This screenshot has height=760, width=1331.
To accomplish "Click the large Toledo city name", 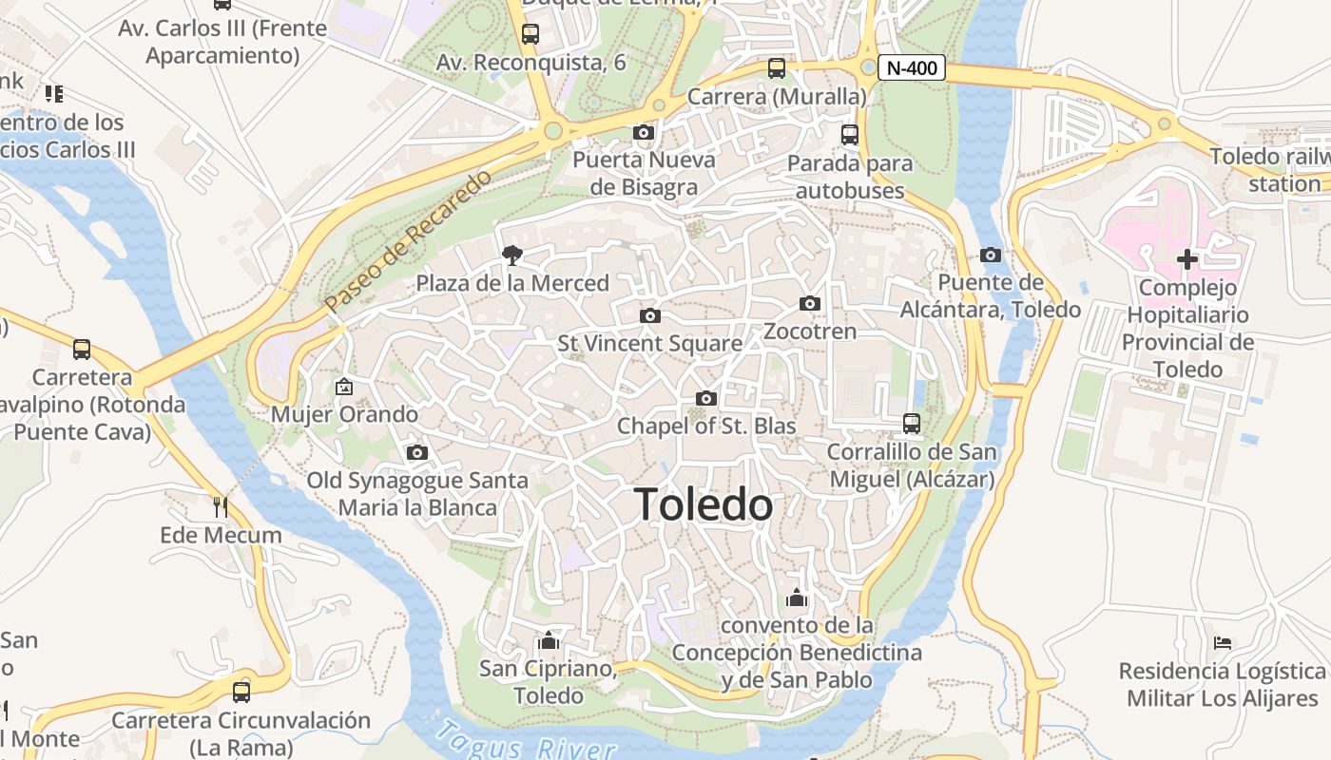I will [704, 504].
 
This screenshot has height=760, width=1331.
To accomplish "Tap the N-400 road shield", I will [912, 67].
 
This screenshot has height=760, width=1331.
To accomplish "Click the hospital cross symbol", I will [1186, 258].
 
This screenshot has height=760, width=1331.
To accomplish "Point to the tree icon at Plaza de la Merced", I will [512, 255].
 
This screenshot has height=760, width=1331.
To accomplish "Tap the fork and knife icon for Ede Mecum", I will [221, 506].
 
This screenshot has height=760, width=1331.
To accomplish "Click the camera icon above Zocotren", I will [810, 303].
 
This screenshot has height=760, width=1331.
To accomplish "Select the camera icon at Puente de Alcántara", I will [991, 255].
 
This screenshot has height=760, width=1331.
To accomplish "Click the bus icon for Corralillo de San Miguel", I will [912, 423].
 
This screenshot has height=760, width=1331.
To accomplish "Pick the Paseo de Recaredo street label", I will [409, 241].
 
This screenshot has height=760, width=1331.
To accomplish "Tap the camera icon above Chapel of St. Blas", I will [705, 398].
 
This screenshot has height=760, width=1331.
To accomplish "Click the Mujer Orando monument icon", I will [344, 387].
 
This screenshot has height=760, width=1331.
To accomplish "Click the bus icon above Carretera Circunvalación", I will [241, 692].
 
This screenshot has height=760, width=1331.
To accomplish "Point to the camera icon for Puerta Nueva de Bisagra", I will [644, 132].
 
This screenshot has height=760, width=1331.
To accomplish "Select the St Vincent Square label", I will [649, 343].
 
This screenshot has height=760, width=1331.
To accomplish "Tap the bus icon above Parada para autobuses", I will [850, 135].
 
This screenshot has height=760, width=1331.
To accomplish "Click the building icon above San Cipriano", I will [548, 640].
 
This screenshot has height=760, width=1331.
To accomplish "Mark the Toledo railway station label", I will [1270, 170].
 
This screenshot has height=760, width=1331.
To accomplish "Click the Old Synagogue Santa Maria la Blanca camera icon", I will [416, 452].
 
